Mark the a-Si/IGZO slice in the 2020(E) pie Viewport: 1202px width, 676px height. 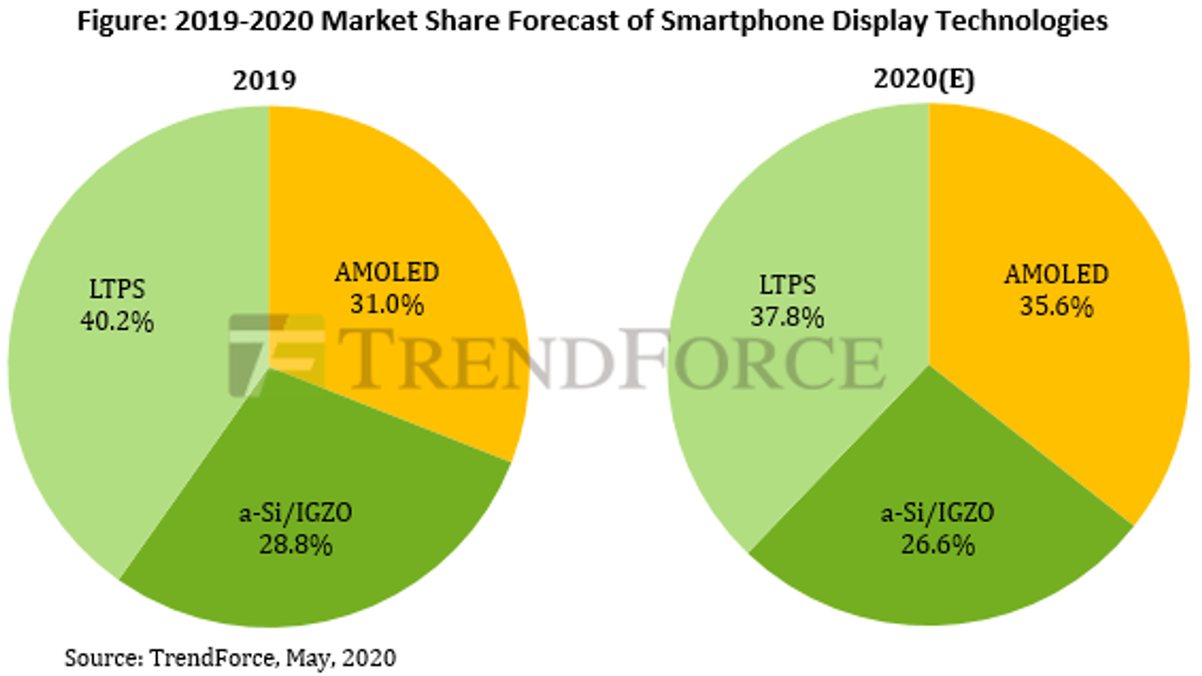click(939, 578)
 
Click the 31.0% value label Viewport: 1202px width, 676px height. click(387, 305)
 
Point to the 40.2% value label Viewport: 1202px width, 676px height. click(117, 322)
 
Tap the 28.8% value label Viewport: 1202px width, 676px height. click(296, 545)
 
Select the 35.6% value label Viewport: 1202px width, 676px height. click(1056, 306)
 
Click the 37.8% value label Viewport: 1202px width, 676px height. click(787, 317)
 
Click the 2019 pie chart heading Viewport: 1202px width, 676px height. click(264, 80)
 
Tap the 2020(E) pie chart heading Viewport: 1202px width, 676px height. click(924, 78)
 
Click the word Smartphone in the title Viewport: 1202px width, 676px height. click(737, 21)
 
